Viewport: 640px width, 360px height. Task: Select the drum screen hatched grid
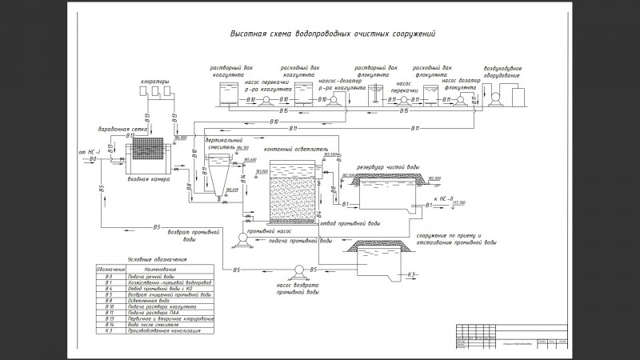pyautogui.click(x=147, y=151)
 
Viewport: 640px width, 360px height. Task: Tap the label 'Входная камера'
pyautogui.click(x=149, y=179)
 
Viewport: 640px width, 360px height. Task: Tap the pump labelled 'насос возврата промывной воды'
pyautogui.click(x=298, y=270)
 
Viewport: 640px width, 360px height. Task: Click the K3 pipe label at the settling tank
pyautogui.click(x=413, y=274)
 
